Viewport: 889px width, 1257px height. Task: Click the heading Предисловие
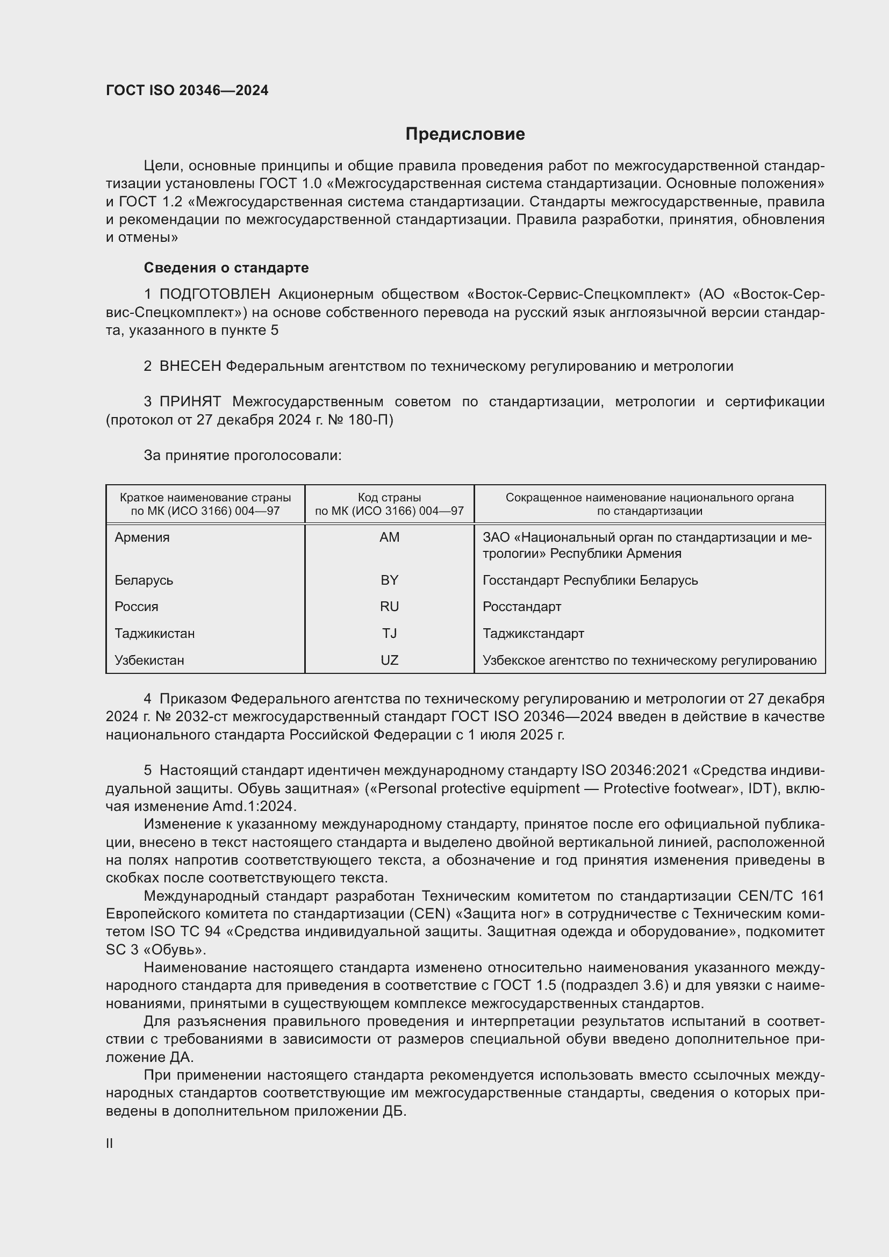click(465, 134)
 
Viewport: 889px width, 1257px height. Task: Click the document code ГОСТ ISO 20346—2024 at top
click(187, 90)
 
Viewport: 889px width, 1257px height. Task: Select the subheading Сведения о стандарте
click(226, 268)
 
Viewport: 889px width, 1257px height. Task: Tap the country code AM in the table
click(389, 537)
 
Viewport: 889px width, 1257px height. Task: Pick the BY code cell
click(389, 580)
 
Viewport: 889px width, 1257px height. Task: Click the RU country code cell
click(389, 607)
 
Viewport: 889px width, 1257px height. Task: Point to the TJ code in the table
click(389, 634)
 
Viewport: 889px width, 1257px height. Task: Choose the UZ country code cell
click(389, 660)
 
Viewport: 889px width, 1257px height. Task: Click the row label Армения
click(142, 537)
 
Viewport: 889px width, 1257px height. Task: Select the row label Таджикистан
click(155, 634)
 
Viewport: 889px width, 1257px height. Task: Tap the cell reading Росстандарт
click(522, 607)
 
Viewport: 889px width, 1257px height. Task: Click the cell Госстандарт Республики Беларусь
click(590, 580)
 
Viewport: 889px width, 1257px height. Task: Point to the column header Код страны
click(389, 498)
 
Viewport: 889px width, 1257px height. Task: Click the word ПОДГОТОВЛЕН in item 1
click(214, 295)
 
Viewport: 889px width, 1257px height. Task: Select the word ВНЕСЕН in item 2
click(190, 367)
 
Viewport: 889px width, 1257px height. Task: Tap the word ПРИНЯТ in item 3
click(190, 402)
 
